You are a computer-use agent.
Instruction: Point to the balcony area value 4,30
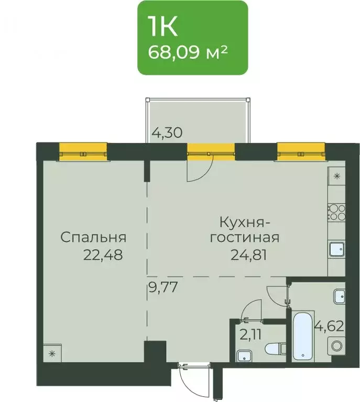tap(166, 133)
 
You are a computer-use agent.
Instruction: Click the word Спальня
tap(93, 237)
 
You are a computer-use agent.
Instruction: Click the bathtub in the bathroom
tap(304, 336)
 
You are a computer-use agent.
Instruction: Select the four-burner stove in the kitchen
tap(336, 212)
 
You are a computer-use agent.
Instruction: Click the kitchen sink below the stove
tap(336, 249)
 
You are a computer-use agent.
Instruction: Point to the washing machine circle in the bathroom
tap(336, 345)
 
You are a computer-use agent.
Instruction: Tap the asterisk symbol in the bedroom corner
tap(52, 353)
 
